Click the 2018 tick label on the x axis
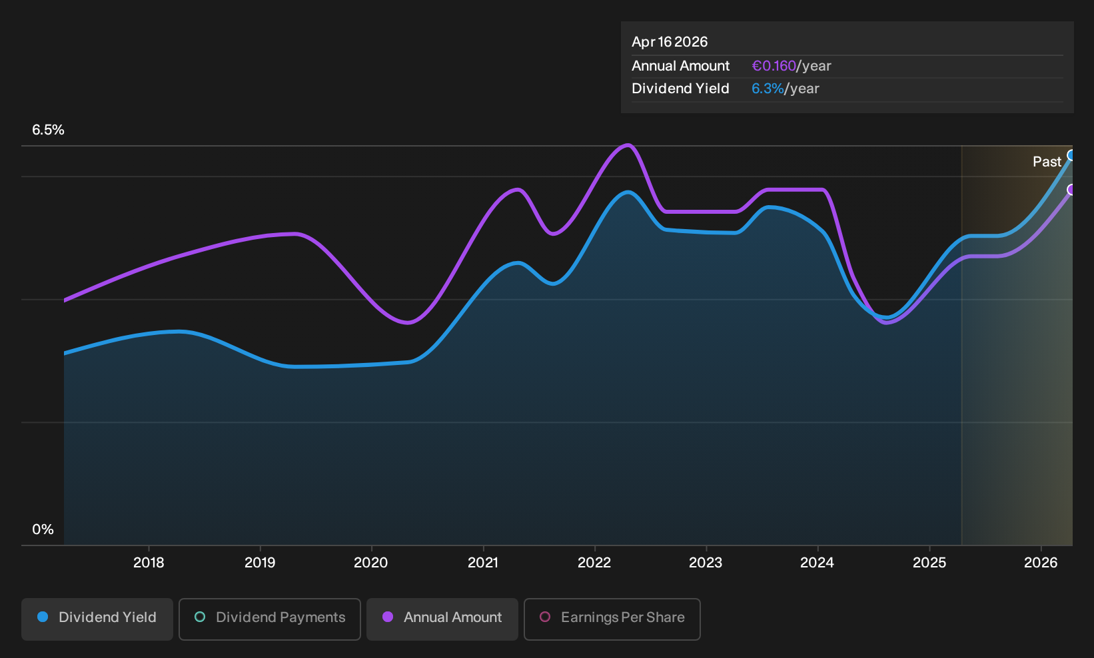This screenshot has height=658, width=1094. [149, 563]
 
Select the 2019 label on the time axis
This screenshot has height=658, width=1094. [260, 563]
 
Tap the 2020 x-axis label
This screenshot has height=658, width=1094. [370, 563]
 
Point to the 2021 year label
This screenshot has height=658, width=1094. [483, 563]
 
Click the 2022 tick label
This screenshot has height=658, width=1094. [594, 563]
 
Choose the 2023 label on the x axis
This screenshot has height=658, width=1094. [706, 563]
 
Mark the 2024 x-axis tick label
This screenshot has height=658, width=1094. [817, 563]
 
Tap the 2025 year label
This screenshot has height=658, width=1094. [929, 563]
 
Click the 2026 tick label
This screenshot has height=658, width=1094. [1041, 563]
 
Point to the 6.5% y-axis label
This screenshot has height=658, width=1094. [48, 130]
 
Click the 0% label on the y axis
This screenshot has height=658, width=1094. [43, 529]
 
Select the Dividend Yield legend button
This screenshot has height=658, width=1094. [97, 619]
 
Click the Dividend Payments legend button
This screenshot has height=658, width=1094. [270, 619]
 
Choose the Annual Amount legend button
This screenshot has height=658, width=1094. [442, 619]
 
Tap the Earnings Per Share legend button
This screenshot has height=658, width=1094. [612, 619]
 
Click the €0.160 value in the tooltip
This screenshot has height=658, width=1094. [774, 66]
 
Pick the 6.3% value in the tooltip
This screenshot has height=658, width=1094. [768, 89]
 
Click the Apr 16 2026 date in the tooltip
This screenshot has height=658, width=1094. [670, 42]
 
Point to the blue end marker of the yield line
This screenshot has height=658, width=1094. [1069, 155]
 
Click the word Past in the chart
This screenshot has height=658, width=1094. [1047, 162]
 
